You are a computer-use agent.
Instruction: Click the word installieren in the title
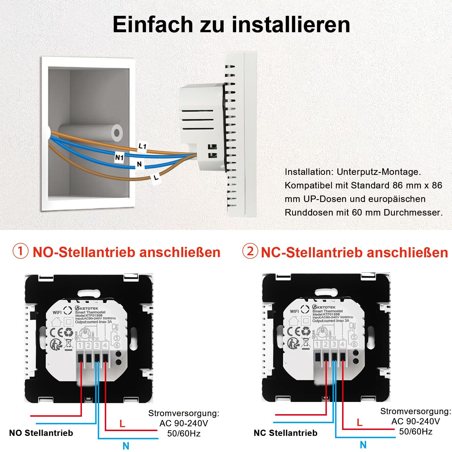point(291,25)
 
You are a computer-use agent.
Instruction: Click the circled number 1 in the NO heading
point(21,251)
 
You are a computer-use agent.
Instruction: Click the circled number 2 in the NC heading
point(250,251)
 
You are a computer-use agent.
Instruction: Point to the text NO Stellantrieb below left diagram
point(41,433)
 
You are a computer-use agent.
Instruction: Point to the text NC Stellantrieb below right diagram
point(285,433)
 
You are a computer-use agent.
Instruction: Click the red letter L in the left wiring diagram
point(122,423)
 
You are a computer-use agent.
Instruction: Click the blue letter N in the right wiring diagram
point(363,445)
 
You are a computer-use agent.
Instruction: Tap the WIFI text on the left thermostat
point(57,312)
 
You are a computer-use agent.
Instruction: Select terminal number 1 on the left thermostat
point(80,345)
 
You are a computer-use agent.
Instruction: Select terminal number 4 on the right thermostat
point(342,344)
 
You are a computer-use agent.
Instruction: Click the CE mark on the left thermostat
point(56,333)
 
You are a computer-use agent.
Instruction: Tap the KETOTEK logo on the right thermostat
point(326,307)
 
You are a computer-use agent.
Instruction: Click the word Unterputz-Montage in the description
point(379,172)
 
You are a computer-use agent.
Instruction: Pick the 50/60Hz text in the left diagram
point(184,433)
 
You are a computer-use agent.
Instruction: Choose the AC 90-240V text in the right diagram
point(415,421)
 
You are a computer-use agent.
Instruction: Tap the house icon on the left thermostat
point(56,321)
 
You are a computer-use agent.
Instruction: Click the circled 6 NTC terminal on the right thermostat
point(354,344)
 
